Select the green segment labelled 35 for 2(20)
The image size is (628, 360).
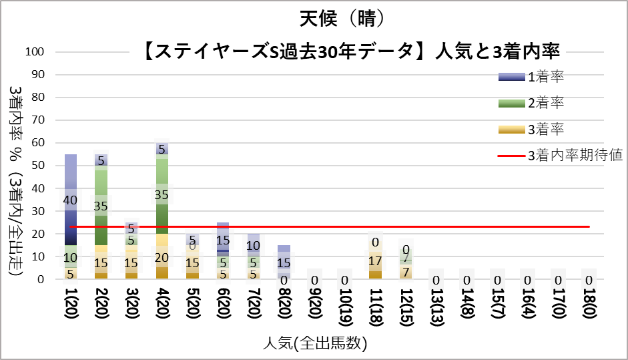tap(101, 206)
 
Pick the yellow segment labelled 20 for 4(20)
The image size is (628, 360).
tap(161, 257)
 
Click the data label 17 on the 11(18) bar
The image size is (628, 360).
tap(375, 261)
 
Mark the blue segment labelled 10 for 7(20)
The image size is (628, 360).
tap(254, 245)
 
